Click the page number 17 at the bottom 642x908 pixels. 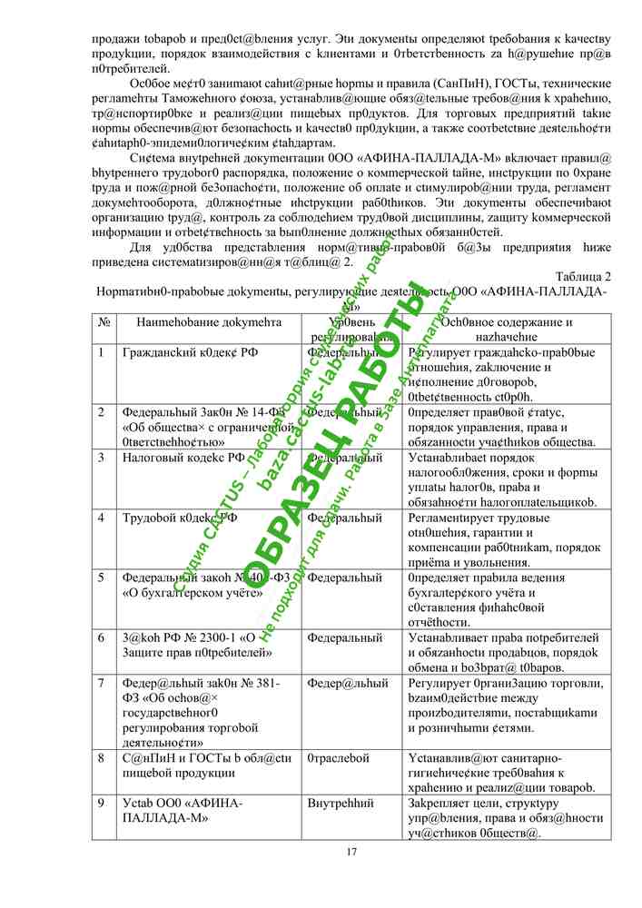pyautogui.click(x=351, y=851)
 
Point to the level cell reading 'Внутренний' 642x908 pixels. pyautogui.click(x=341, y=804)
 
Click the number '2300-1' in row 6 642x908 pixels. pyautogui.click(x=212, y=637)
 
